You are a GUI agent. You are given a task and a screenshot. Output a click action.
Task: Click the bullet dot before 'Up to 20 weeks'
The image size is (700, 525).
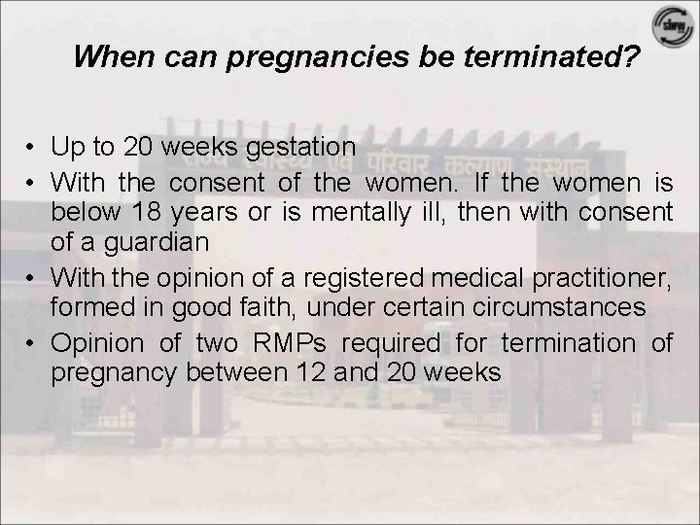tap(32, 148)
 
